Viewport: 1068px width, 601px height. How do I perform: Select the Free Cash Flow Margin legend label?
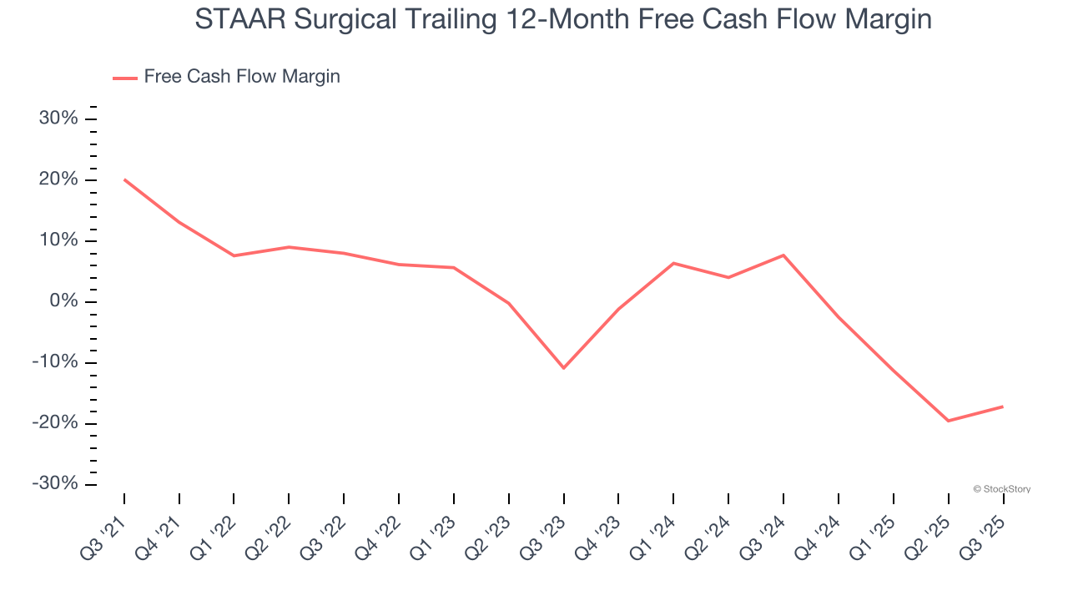[242, 77]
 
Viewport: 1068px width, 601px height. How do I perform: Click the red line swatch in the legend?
[125, 78]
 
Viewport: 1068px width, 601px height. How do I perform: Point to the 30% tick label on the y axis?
[58, 119]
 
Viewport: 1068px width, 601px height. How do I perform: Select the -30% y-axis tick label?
[55, 484]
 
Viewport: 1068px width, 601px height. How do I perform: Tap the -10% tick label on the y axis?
[55, 362]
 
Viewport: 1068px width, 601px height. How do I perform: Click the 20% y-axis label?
[58, 179]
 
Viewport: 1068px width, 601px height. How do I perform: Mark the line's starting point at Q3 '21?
[124, 179]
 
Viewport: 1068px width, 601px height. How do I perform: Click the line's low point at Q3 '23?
[563, 368]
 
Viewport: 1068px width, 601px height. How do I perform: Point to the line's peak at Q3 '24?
[783, 255]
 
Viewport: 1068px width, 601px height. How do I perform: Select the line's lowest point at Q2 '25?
[948, 421]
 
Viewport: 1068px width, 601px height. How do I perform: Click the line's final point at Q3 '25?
[1002, 407]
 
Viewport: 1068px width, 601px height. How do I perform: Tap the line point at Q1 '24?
[673, 263]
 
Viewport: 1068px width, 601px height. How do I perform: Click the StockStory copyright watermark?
[1001, 489]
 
